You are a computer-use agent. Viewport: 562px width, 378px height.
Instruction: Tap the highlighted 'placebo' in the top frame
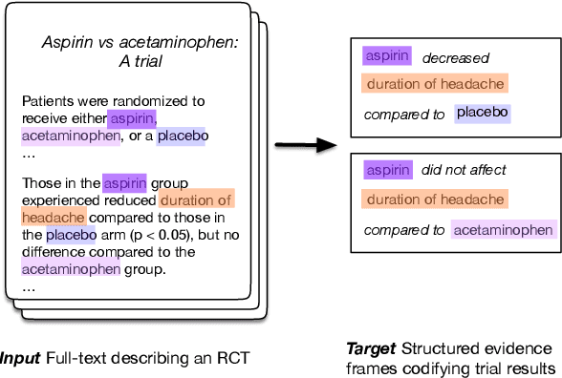point(483,114)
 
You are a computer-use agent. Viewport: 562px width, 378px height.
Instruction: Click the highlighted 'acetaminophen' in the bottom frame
point(504,229)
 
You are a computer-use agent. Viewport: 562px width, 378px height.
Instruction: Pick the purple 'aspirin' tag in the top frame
point(386,56)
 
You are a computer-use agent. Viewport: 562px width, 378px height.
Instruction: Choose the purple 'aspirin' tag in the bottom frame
point(386,171)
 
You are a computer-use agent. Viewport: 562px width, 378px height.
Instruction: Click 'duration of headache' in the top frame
point(435,84)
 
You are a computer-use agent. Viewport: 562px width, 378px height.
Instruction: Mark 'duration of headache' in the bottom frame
point(435,200)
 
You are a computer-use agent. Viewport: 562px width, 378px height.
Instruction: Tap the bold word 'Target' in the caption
point(369,348)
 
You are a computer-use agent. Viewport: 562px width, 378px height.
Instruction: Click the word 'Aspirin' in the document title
point(71,43)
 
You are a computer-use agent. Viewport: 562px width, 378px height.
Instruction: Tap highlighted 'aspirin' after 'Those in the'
point(125,182)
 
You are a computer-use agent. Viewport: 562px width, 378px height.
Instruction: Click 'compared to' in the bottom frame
point(403,229)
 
